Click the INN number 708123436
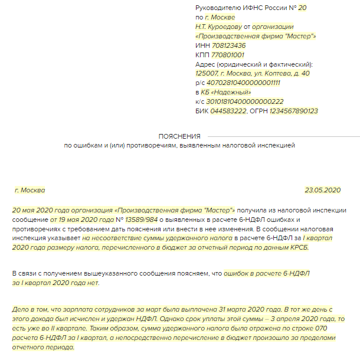click(x=228, y=45)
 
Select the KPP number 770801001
click(x=227, y=55)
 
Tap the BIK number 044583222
click(x=230, y=111)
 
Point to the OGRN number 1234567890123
click(x=293, y=111)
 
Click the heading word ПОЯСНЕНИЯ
click(x=179, y=136)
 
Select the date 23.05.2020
click(x=323, y=190)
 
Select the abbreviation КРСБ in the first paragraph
click(x=294, y=247)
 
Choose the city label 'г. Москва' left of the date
click(x=30, y=190)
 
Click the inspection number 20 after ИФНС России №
click(x=303, y=8)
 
